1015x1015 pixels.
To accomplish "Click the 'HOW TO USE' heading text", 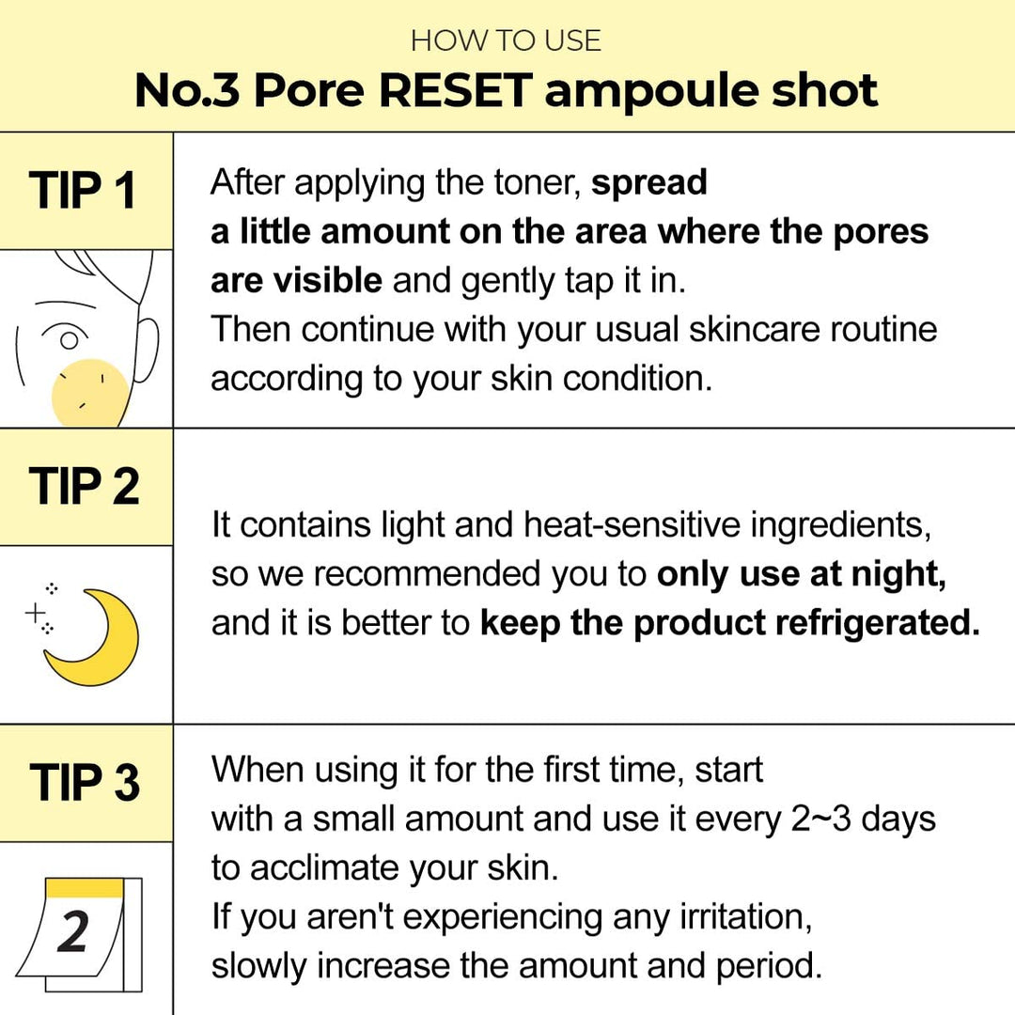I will tap(506, 40).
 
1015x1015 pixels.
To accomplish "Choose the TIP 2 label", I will tap(85, 487).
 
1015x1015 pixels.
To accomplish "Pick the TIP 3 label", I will tap(85, 783).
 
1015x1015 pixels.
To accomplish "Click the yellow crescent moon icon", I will tap(94, 639).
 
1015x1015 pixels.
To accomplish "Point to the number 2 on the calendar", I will tap(73, 931).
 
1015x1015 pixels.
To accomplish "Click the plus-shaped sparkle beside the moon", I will tap(36, 614).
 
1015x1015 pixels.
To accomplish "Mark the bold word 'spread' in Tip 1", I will tap(648, 181).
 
